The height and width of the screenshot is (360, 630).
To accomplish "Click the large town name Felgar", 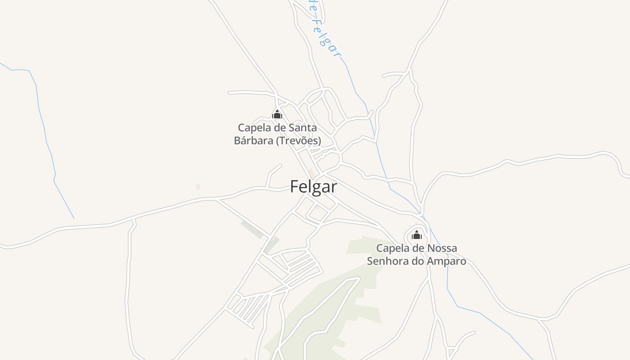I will (x=313, y=186).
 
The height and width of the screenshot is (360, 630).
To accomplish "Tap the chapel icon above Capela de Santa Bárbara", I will (x=277, y=114).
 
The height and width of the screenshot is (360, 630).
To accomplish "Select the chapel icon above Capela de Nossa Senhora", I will (x=417, y=235).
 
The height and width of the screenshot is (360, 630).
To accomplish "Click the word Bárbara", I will (x=253, y=141).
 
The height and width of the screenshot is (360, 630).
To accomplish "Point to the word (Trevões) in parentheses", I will (x=298, y=141).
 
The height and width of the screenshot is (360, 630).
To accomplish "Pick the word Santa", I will (x=302, y=128).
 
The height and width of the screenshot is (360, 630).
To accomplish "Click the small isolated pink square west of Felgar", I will (x=198, y=187).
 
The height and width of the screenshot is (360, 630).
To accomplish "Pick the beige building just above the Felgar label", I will (x=312, y=173).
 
